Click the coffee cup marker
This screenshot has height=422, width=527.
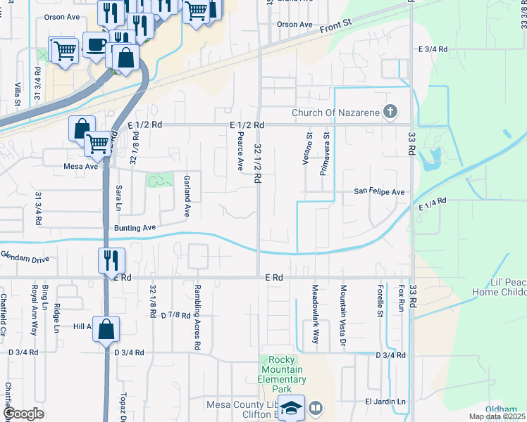click(x=96, y=45)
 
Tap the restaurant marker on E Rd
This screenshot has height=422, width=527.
click(x=111, y=261)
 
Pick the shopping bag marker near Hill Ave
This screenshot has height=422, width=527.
click(x=105, y=328)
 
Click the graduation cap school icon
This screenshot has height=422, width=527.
click(x=291, y=408)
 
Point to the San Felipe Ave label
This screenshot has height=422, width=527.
click(x=379, y=192)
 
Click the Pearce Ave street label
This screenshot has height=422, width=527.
click(x=240, y=151)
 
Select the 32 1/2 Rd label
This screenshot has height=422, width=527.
click(x=258, y=163)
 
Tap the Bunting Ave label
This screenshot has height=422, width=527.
click(x=134, y=228)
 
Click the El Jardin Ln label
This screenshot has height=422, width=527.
click(x=385, y=402)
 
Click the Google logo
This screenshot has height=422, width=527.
click(x=24, y=414)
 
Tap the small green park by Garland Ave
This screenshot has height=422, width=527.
click(x=160, y=179)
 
